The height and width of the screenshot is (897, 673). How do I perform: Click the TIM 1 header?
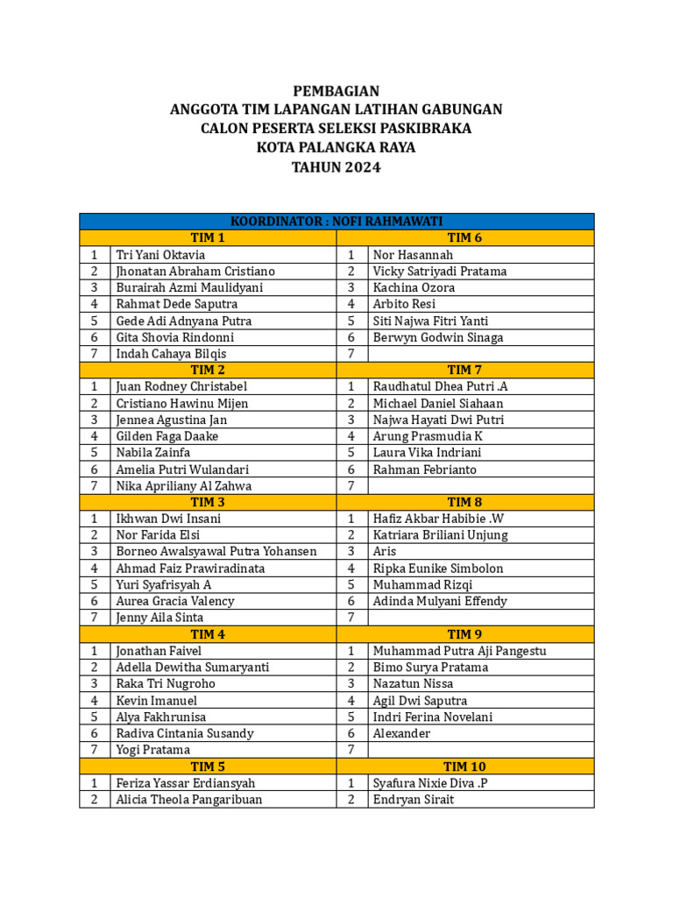click(208, 237)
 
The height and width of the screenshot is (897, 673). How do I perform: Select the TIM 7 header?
click(464, 370)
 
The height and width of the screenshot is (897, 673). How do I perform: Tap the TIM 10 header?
click(464, 766)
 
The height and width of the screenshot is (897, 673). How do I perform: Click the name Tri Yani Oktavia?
click(161, 255)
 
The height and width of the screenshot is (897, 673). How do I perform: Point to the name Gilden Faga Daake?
click(167, 436)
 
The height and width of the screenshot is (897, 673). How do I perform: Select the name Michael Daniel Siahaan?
click(439, 403)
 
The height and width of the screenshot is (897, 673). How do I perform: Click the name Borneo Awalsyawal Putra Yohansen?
click(216, 552)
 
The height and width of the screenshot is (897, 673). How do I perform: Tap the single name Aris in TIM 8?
click(385, 552)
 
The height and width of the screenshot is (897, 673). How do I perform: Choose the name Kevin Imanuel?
click(157, 701)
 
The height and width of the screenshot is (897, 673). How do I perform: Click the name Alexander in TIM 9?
click(402, 733)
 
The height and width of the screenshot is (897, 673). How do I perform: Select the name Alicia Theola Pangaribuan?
click(189, 800)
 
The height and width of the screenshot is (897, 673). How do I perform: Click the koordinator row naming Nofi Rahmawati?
click(336, 221)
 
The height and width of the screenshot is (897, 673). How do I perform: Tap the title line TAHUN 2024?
click(336, 167)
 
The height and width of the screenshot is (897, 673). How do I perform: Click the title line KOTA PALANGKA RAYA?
click(336, 148)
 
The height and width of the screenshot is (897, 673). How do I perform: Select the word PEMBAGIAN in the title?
click(336, 91)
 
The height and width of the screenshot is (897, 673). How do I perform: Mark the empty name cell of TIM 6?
click(480, 354)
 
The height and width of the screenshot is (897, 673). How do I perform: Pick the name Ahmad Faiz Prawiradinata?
click(191, 569)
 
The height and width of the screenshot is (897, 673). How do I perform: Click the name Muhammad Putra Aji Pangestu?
click(459, 651)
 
